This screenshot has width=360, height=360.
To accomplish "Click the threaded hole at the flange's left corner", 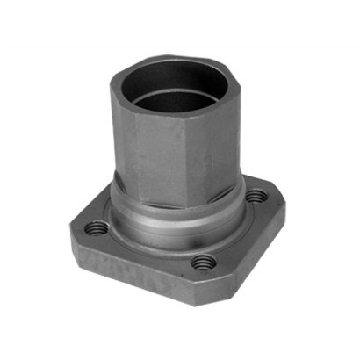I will (x=96, y=228).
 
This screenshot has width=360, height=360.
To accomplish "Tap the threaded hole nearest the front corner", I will (x=204, y=262).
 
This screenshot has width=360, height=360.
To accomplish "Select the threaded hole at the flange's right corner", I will (x=255, y=197).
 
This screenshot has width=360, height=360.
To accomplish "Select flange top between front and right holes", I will (x=237, y=237).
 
